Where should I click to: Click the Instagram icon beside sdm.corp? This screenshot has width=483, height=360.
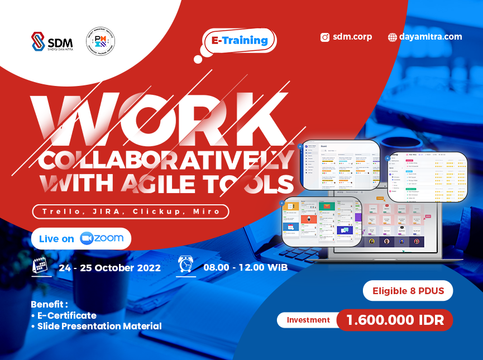(325, 37)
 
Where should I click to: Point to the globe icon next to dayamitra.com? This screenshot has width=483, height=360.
(393, 37)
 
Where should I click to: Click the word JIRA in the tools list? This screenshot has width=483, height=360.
(112, 212)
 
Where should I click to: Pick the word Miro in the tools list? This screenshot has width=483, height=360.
(207, 212)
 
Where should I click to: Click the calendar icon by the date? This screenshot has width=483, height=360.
(40, 266)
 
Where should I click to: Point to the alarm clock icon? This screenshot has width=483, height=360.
(186, 265)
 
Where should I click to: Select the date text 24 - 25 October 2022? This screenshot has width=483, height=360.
(109, 268)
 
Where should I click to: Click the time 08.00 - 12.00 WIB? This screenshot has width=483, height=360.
(245, 268)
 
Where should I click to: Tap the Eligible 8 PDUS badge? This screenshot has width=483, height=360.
(408, 291)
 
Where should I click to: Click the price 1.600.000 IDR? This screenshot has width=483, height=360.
(394, 320)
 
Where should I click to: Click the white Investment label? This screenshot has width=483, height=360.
(308, 320)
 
